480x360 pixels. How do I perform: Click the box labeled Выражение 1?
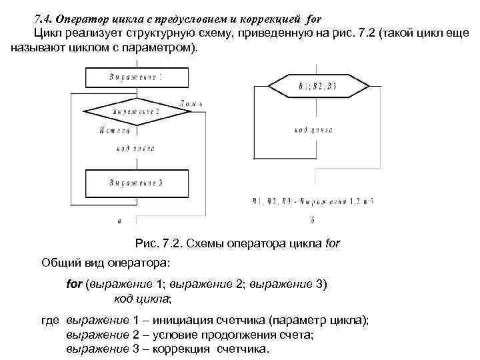136,78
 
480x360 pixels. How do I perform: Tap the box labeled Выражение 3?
136,181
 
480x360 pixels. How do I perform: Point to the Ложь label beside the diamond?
191,104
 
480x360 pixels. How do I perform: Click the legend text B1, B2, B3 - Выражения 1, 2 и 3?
313,200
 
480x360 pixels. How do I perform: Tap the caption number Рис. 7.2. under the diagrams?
157,243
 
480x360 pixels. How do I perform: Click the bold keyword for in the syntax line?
75,283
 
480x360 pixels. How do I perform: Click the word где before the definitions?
51,321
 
